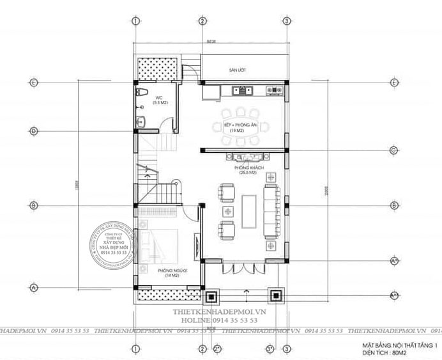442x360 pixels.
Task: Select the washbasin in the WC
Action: click(142, 121)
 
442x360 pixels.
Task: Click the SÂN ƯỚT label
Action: click(239, 70)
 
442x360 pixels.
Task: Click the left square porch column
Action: click(211, 297)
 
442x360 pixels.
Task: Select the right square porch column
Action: click(275, 297)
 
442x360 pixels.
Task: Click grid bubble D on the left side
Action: click(33, 131)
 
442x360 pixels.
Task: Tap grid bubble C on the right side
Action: click(393, 151)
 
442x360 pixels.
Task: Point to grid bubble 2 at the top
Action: click(201, 21)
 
